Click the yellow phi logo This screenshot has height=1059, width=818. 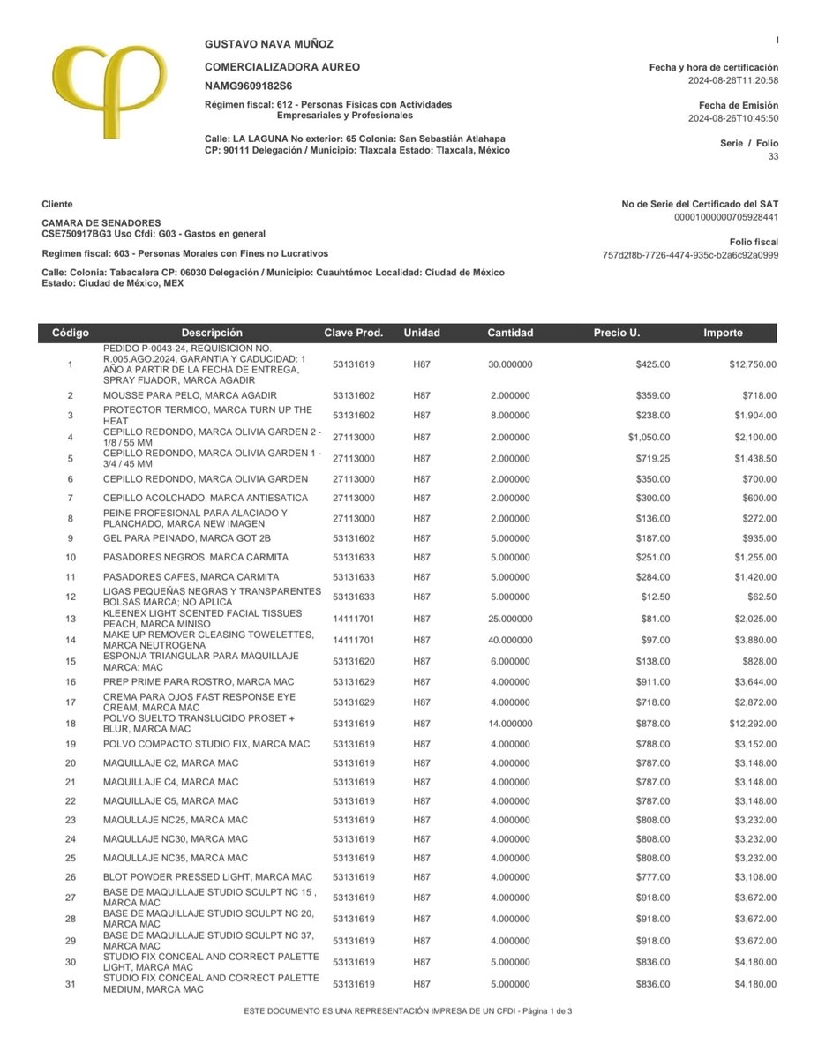point(107,94)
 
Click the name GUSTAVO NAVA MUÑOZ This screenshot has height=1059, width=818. point(269,44)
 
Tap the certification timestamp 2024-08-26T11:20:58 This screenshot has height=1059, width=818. point(733,80)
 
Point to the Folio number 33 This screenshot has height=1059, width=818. point(773,156)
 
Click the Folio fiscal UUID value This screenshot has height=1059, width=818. point(690,255)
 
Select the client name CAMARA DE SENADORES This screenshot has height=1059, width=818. point(101,223)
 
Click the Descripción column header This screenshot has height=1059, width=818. point(212,334)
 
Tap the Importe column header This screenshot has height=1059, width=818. point(723,334)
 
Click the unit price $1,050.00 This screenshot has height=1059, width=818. point(649,437)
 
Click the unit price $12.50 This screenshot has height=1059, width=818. point(654,597)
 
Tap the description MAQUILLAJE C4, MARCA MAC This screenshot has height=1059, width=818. point(170,782)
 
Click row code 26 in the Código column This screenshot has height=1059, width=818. point(71,877)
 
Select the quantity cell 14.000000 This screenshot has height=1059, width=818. point(510,724)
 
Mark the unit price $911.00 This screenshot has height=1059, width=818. point(653,682)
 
